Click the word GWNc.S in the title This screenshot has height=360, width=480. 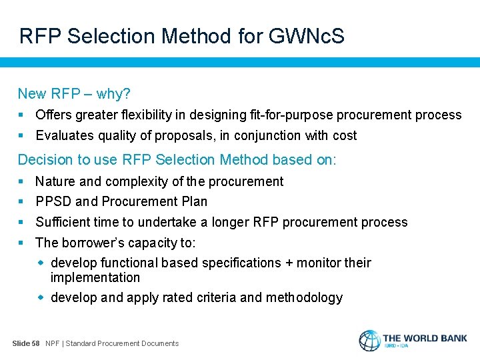coord(307,36)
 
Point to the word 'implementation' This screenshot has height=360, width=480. coord(95,277)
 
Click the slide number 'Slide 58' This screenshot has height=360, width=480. coord(26,343)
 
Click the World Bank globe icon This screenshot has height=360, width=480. coord(369,340)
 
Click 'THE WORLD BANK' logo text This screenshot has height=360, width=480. coord(425,338)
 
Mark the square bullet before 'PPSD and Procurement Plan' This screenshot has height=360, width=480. coord(22,201)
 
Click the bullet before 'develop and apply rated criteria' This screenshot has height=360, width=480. coord(41,297)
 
